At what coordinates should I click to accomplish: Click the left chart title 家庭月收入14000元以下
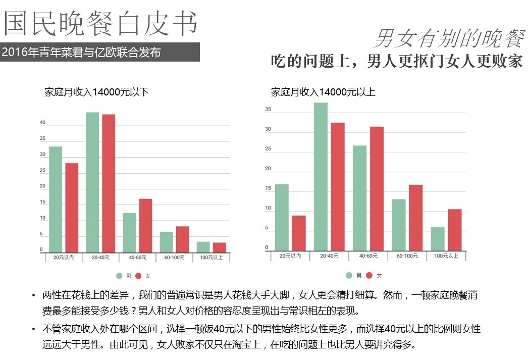pyautogui.click(x=96, y=92)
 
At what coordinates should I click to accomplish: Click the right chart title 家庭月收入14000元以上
pyautogui.click(x=323, y=92)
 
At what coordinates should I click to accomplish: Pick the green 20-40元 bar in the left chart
pyautogui.click(x=92, y=182)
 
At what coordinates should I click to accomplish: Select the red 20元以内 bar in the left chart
pyautogui.click(x=72, y=207)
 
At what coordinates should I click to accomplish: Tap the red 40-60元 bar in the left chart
pyautogui.click(x=145, y=225)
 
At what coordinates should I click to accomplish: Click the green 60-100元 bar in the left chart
pyautogui.click(x=166, y=242)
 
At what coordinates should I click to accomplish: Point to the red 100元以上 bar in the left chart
pyautogui.click(x=219, y=247)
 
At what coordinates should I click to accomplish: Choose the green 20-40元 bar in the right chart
pyautogui.click(x=321, y=176)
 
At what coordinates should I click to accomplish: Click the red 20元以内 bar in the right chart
pyautogui.click(x=299, y=233)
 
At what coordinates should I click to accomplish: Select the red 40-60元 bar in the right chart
pyautogui.click(x=377, y=188)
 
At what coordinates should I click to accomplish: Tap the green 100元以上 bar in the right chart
pyautogui.click(x=438, y=238)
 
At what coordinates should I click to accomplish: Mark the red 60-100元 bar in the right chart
pyautogui.click(x=415, y=217)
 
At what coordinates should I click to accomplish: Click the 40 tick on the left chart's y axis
pyautogui.click(x=43, y=123)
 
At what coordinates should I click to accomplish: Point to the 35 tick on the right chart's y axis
pyautogui.click(x=268, y=110)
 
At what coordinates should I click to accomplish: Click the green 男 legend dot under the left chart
pyautogui.click(x=119, y=276)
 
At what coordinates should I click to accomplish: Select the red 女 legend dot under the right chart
pyautogui.click(x=369, y=275)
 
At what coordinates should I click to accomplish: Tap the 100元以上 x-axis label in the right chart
pyautogui.click(x=446, y=256)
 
